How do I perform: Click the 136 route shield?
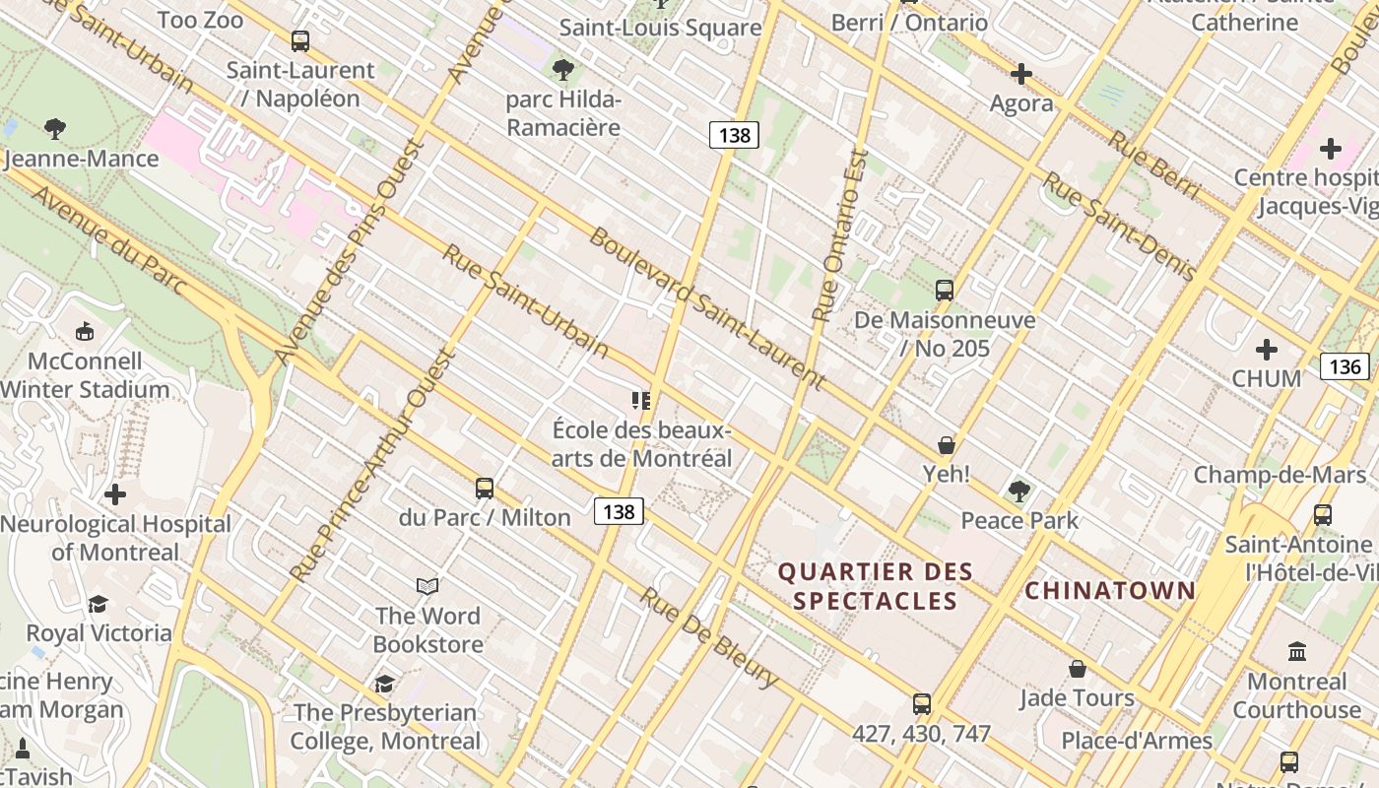pos(1345,367)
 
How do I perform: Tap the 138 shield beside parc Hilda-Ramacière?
pos(734,135)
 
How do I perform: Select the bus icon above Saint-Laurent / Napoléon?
pos(300,41)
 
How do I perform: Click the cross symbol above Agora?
pos(1021,74)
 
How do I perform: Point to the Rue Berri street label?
pos(1153,164)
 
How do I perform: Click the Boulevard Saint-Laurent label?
pos(706,307)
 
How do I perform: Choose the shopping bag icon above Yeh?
pos(947,445)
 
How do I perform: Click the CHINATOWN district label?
pos(1110,591)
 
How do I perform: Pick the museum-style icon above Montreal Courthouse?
pos(1297,652)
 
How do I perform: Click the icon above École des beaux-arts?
pos(641,401)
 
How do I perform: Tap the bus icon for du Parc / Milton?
pos(484,489)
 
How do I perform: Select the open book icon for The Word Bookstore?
pos(427,587)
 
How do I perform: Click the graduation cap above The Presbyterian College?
pos(385,684)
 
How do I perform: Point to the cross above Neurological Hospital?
pos(115,494)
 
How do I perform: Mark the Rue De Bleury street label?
pos(708,637)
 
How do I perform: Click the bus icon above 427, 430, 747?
pos(921,704)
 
